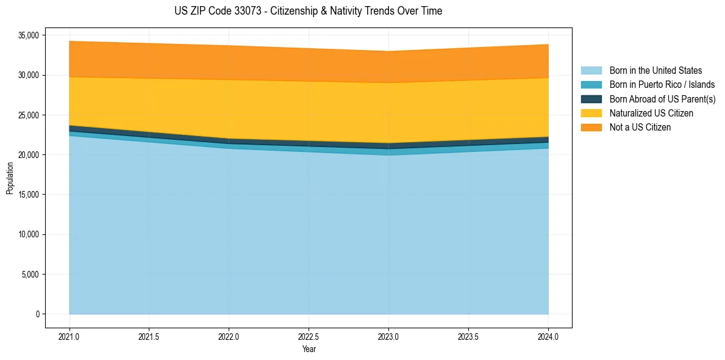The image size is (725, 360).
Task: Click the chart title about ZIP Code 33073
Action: [x=308, y=11]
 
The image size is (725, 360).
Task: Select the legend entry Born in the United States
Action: [x=655, y=71]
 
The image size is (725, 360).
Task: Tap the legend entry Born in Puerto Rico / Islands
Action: [x=662, y=85]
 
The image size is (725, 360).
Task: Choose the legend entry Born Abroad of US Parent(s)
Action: [x=662, y=99]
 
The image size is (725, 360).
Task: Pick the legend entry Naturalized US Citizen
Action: [x=651, y=113]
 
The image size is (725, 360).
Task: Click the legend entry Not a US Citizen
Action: [x=640, y=128]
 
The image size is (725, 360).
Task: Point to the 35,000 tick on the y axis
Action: [x=29, y=35]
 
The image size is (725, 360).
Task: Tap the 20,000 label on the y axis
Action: [x=29, y=155]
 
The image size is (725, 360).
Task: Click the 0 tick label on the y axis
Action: [x=37, y=314]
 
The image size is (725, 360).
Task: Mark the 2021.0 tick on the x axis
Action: [x=70, y=336]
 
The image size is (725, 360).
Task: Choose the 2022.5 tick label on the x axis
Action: [x=309, y=336]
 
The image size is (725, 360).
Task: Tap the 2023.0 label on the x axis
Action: [x=388, y=336]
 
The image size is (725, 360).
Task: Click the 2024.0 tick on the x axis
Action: [x=548, y=336]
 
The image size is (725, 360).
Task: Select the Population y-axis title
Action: [x=10, y=178]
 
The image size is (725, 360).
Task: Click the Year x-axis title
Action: [x=309, y=349]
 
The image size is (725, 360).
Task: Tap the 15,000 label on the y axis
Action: [x=29, y=195]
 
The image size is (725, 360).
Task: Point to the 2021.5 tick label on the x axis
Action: [x=149, y=336]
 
